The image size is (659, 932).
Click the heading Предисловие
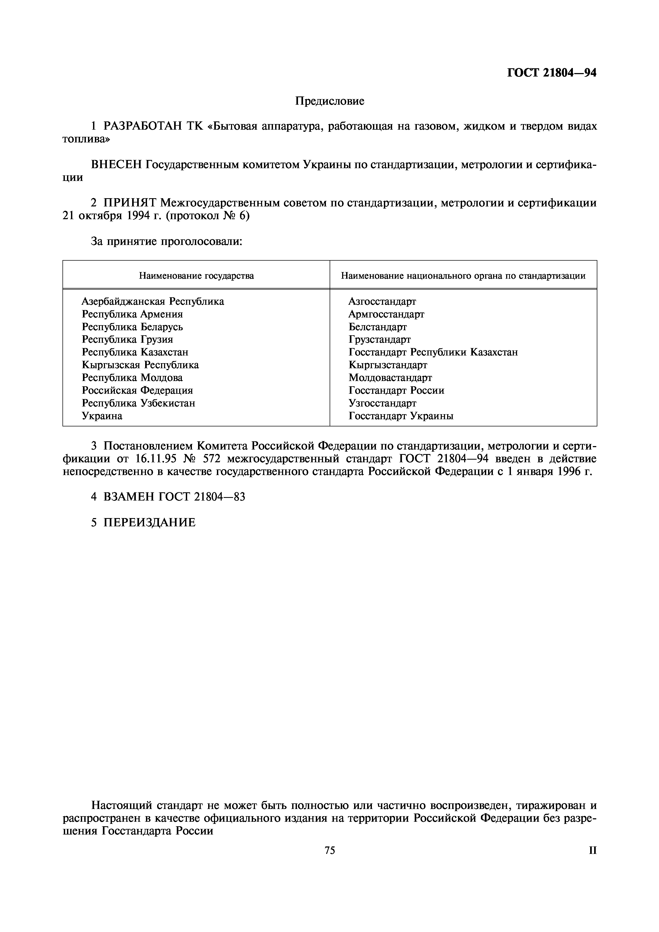pyautogui.click(x=329, y=101)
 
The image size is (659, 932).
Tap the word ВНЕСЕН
pyautogui.click(x=116, y=164)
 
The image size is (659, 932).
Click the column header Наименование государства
pyautogui.click(x=196, y=276)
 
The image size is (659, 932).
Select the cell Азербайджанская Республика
pyautogui.click(x=153, y=301)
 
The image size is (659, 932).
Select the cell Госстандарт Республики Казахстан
pyautogui.click(x=433, y=352)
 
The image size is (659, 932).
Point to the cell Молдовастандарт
pyautogui.click(x=390, y=378)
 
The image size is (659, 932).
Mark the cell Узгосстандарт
pyautogui.click(x=382, y=403)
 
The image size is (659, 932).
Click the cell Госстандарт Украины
pyautogui.click(x=401, y=416)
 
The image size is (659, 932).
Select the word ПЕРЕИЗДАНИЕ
pyautogui.click(x=149, y=522)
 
